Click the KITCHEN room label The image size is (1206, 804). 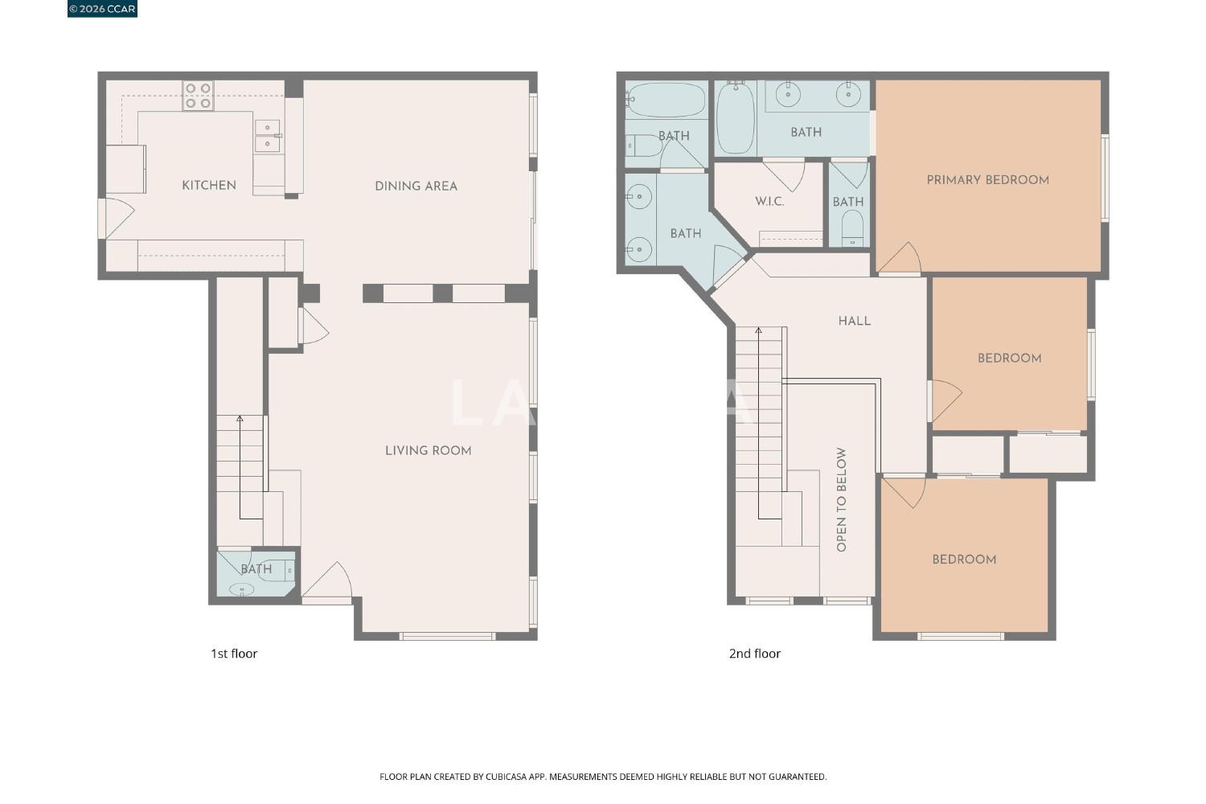click(209, 186)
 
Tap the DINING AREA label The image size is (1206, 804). click(416, 187)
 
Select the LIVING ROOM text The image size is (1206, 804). click(428, 451)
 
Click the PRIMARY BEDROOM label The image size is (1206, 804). click(987, 180)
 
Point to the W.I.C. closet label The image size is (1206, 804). click(769, 202)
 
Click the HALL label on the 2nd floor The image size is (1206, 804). click(855, 321)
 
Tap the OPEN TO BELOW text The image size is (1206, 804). click(841, 500)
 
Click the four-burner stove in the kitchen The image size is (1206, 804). click(198, 96)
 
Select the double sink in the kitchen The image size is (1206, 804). click(268, 136)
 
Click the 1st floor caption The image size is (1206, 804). click(234, 654)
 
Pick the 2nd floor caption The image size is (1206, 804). click(754, 654)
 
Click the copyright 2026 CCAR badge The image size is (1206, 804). click(102, 9)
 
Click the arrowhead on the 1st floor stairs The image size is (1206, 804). click(240, 418)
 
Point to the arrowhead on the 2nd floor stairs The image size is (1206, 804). click(759, 330)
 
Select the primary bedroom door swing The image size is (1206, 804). click(900, 258)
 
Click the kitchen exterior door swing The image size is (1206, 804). click(117, 219)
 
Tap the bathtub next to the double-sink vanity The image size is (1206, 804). click(736, 118)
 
